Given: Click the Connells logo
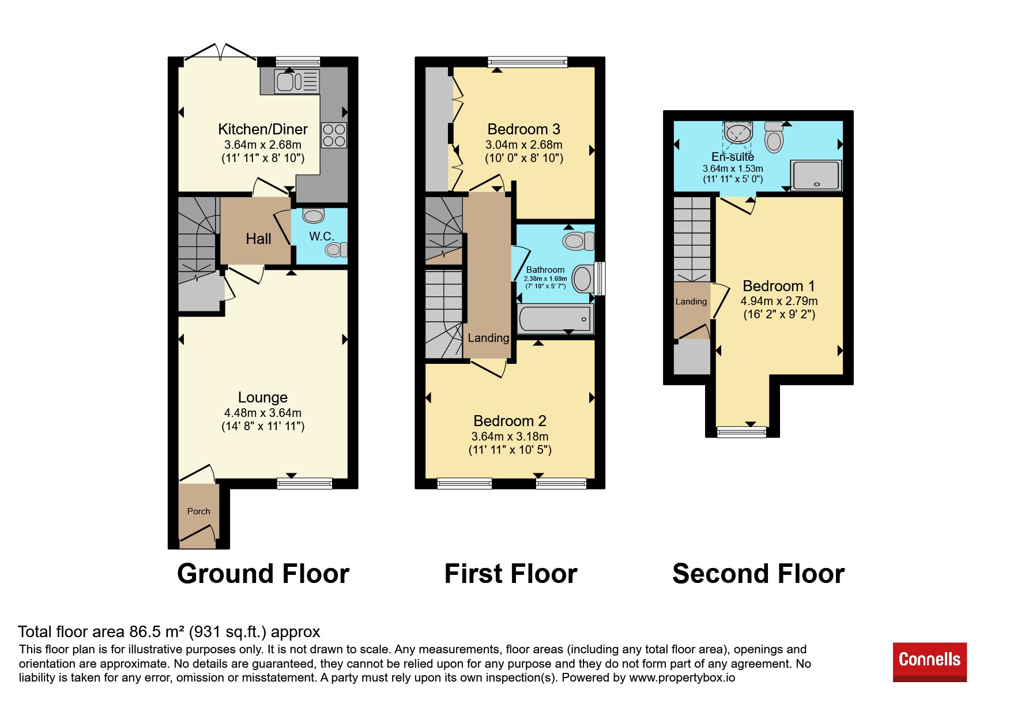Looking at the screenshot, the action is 929,662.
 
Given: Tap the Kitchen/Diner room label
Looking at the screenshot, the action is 262,129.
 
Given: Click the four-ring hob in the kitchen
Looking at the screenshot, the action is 334,135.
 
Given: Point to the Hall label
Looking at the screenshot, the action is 258,239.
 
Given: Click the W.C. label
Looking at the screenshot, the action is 321,236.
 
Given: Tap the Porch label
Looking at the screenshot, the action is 198,511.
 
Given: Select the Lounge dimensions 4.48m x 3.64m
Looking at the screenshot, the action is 263,413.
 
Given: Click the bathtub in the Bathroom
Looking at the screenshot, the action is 555,319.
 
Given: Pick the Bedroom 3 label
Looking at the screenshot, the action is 523,129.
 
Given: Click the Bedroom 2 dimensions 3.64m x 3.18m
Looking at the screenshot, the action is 510,436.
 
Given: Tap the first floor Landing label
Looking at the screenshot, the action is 488,338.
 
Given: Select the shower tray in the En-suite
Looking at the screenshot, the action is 816,175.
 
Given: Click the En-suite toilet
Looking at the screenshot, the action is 774,137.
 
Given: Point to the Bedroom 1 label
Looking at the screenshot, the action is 779,286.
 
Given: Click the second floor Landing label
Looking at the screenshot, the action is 691,302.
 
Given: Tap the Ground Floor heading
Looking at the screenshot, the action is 263,574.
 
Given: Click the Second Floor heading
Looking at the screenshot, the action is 758,574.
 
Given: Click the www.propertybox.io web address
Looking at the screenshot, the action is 682,678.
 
